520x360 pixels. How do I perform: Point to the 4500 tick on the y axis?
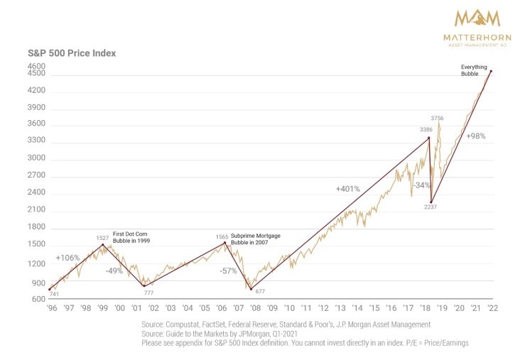point(36,73)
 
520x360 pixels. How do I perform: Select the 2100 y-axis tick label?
point(36,210)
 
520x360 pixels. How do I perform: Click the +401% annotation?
point(348,190)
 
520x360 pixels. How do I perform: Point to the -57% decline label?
point(228,271)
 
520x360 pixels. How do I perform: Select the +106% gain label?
point(67,257)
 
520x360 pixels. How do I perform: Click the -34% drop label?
point(422,185)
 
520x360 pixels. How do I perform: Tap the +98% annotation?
point(475,136)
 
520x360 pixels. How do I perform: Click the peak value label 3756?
point(437,118)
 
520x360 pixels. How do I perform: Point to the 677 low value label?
point(260,291)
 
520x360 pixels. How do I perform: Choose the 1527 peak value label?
point(103,238)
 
